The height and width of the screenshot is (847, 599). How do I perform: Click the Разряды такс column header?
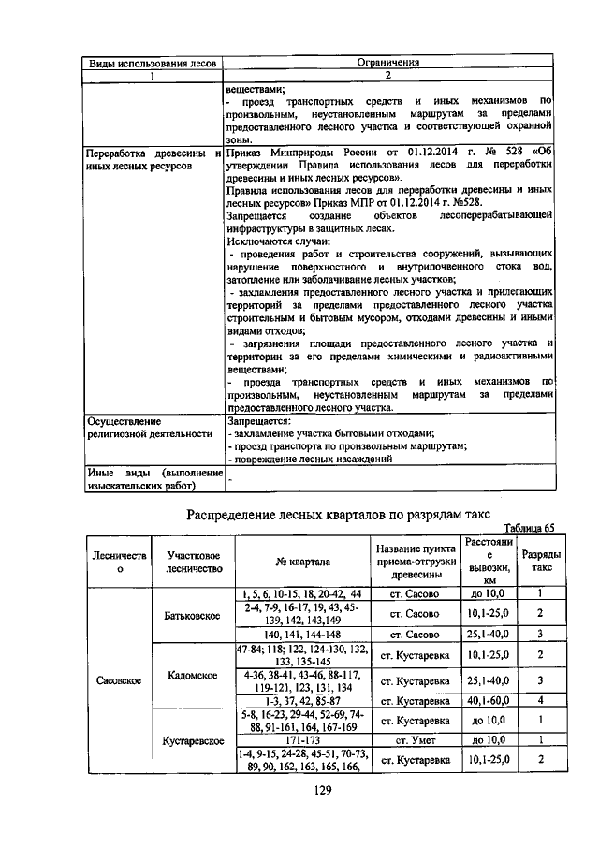point(540,561)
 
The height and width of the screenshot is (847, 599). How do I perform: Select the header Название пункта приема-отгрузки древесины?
point(415,561)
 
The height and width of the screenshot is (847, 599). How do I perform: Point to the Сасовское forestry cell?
point(119,680)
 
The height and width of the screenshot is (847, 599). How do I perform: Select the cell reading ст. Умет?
point(415,739)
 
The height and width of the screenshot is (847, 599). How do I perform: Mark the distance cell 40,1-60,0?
point(489,700)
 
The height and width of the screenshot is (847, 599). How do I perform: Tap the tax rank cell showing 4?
point(540,700)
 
